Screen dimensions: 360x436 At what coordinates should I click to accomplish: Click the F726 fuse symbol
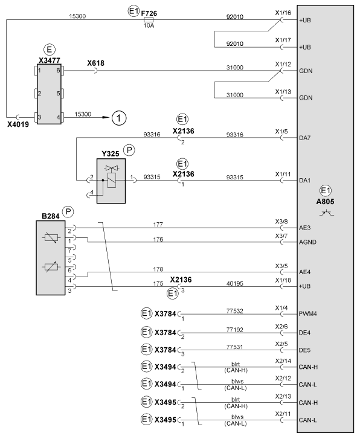click(149, 20)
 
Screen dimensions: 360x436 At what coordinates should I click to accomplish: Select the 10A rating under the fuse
click(149, 25)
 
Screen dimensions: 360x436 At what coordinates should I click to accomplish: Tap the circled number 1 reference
click(119, 118)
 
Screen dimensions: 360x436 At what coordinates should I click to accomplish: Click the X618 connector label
click(95, 63)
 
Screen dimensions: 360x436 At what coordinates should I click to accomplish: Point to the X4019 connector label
click(18, 124)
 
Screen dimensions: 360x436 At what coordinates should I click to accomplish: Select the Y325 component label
click(110, 154)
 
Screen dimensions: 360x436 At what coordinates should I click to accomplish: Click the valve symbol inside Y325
click(112, 168)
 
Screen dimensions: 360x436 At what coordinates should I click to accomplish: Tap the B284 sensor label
click(50, 216)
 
